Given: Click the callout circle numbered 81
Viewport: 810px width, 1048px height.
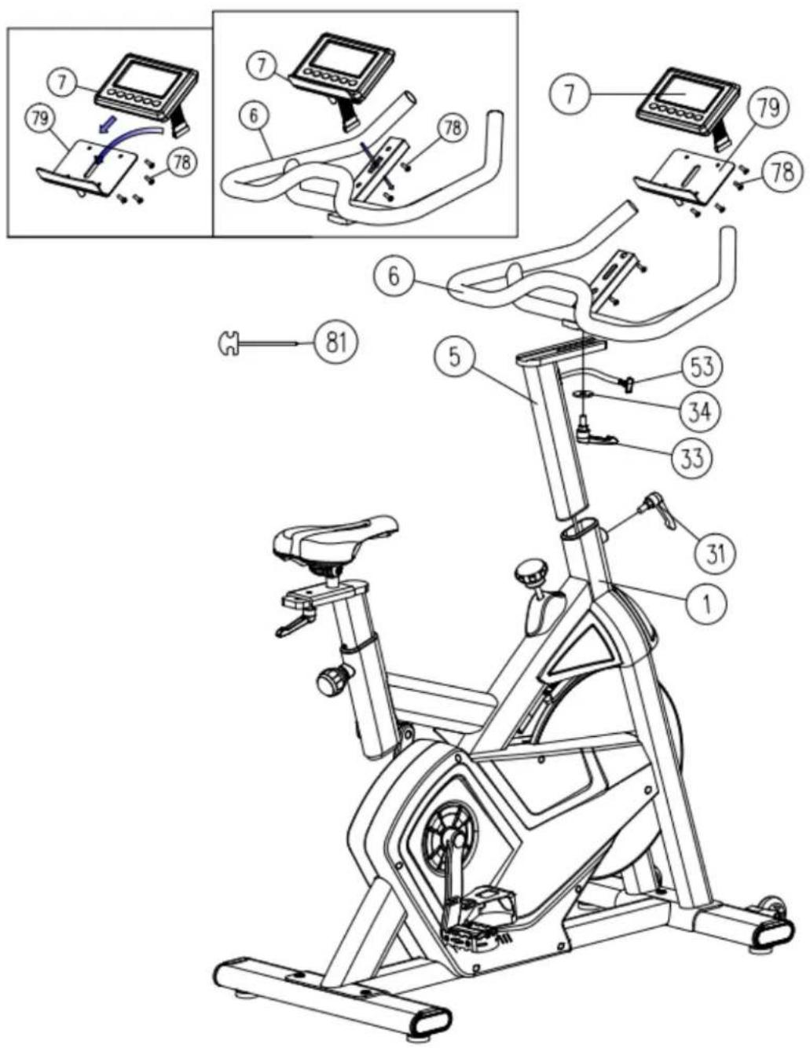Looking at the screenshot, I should (335, 343).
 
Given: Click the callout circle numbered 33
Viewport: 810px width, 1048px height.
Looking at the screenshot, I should (692, 456).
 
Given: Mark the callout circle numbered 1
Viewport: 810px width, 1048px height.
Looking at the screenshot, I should (706, 603).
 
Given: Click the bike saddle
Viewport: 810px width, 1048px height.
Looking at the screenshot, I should (334, 540).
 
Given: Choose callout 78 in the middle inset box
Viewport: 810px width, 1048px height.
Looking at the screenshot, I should (452, 129).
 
